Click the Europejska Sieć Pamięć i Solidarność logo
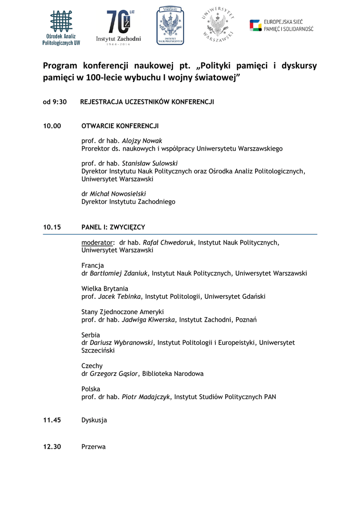click(281, 25)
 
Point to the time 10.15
click(52, 227)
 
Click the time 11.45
click(52, 420)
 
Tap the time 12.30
click(52, 447)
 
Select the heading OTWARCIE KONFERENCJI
click(120, 126)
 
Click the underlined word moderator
click(97, 243)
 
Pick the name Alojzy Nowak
click(142, 141)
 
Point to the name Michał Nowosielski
click(118, 194)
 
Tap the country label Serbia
click(90, 335)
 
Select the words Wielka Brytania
click(104, 288)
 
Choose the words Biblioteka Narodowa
click(173, 373)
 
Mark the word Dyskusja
click(94, 420)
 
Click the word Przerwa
click(93, 447)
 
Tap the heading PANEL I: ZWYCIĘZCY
click(113, 227)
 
